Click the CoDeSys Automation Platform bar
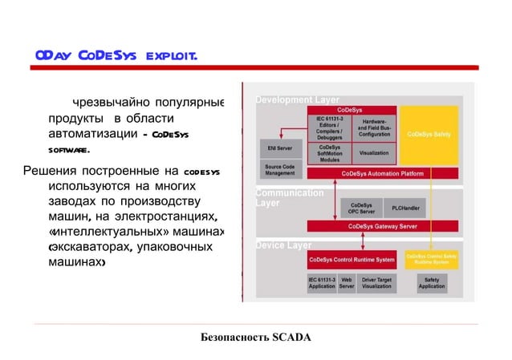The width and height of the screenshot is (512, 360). coord(382,173)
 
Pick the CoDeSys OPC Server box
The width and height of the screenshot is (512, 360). coord(361,208)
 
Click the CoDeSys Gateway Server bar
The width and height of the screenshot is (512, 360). coord(382,227)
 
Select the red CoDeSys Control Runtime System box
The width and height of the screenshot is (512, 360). coord(351,260)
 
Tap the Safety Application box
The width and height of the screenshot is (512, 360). coord(431,283)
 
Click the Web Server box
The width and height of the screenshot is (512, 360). coord(347,283)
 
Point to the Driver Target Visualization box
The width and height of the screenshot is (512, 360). coord(376,283)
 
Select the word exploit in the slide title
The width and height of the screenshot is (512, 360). coord(169,56)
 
